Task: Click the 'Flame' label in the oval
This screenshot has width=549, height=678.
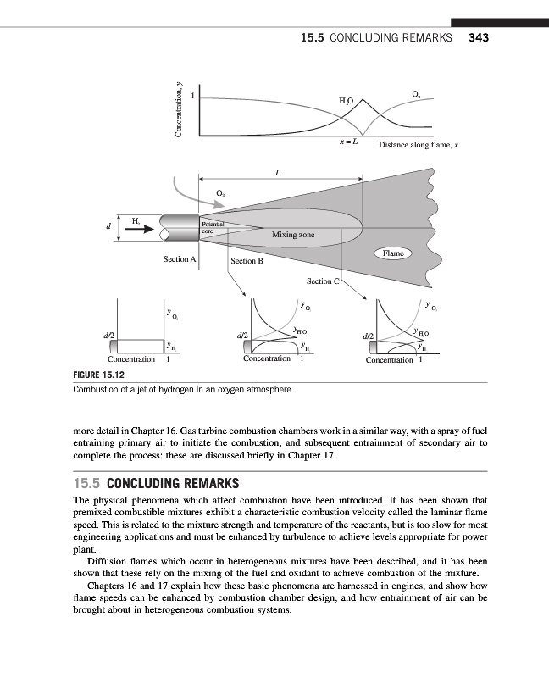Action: (393, 253)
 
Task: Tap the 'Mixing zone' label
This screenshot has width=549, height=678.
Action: (293, 234)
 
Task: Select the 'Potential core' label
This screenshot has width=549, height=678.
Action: (212, 226)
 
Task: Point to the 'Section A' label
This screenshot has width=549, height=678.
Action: (180, 258)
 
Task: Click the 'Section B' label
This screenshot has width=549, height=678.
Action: (247, 261)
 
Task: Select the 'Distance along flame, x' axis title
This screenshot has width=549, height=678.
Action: (419, 145)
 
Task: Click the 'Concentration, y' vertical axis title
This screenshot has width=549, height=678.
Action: (179, 109)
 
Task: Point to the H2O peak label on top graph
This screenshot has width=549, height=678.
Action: (346, 101)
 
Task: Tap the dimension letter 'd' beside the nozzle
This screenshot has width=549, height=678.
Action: (108, 227)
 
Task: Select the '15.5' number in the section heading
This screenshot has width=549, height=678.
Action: (88, 484)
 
